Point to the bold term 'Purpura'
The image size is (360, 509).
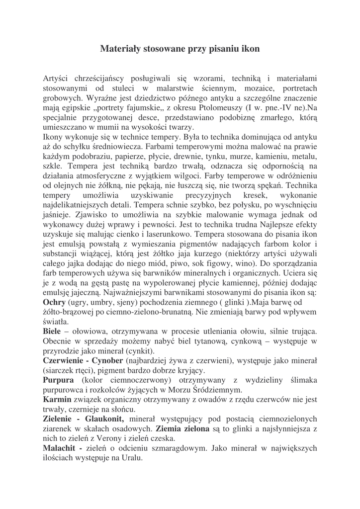[58, 381]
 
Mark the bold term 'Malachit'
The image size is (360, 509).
[60, 449]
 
